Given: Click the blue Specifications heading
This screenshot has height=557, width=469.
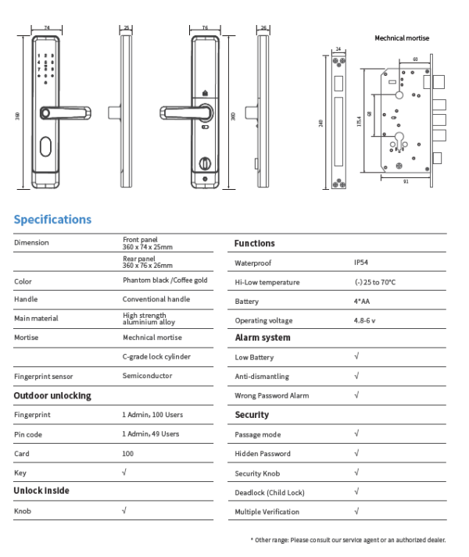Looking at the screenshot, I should [x=52, y=220].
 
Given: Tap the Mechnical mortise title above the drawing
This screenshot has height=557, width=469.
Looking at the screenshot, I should [x=402, y=37].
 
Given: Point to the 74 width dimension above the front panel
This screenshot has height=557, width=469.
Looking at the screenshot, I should [x=47, y=27].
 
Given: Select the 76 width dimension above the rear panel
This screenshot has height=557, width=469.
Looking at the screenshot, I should [x=205, y=27].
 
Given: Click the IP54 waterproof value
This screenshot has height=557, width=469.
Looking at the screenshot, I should [x=361, y=263].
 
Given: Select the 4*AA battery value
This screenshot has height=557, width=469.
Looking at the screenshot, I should [x=362, y=302].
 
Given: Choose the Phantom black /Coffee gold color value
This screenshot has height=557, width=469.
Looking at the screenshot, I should [x=165, y=280].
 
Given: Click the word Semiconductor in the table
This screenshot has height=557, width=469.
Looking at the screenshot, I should [x=147, y=376].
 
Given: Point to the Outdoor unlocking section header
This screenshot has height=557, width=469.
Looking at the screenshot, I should [x=52, y=396].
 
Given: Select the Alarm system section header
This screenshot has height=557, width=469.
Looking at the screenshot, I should [x=263, y=338].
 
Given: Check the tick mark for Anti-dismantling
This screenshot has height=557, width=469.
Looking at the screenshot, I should [x=356, y=376].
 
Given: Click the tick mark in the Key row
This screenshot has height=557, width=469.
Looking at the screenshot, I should [x=124, y=472].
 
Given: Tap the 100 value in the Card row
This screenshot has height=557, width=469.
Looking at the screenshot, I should [x=128, y=453].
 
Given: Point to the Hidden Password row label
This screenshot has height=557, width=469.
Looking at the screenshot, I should [x=263, y=454].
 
